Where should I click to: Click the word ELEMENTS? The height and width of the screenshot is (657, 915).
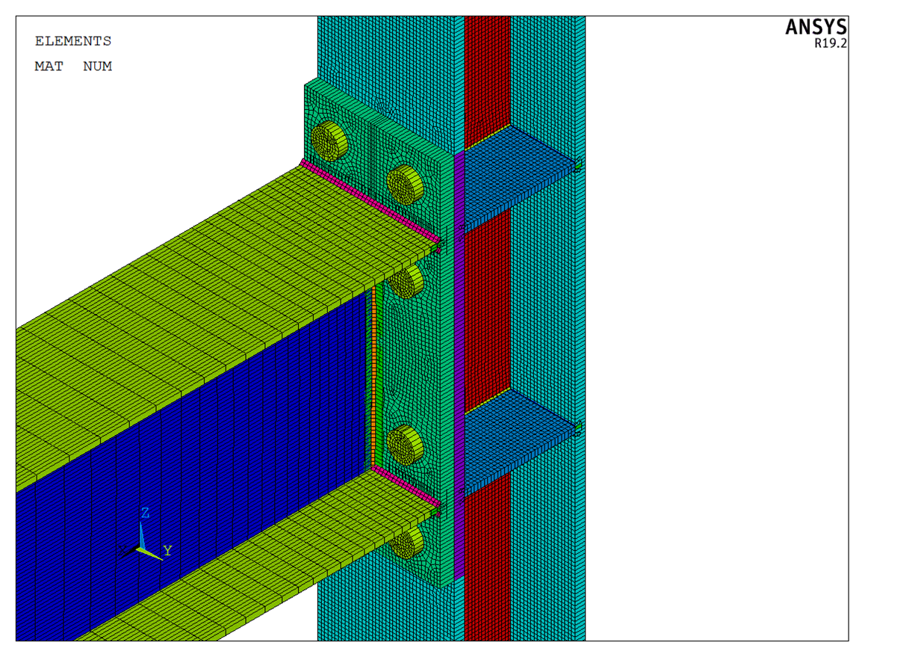tap(73, 41)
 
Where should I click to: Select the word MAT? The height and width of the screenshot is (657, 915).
tap(49, 67)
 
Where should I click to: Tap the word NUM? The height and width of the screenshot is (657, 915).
tap(98, 67)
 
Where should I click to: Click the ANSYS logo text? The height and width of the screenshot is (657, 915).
tap(816, 27)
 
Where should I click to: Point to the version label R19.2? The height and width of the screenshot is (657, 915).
tap(831, 43)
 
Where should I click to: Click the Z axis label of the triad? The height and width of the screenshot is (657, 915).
tap(145, 513)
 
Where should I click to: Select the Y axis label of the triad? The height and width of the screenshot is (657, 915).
tap(167, 551)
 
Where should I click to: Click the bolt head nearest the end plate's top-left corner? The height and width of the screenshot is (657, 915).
tap(329, 141)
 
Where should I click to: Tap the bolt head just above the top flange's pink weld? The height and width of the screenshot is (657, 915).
tap(404, 185)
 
